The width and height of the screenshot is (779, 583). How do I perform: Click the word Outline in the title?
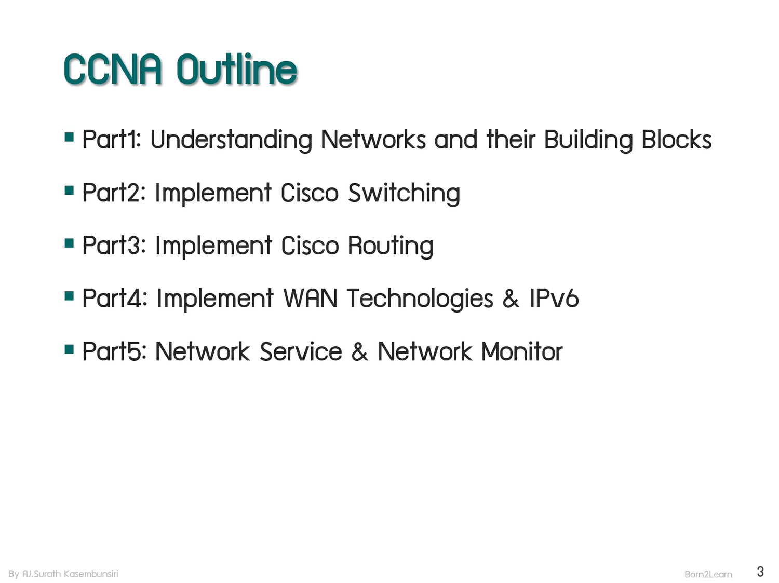(x=237, y=70)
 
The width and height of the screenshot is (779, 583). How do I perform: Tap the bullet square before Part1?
(x=69, y=137)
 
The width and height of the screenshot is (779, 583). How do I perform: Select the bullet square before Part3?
(x=69, y=243)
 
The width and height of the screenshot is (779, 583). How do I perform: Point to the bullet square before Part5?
(x=69, y=349)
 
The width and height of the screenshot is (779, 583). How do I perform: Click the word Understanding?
(x=231, y=140)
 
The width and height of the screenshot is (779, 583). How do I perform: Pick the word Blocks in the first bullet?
(x=676, y=140)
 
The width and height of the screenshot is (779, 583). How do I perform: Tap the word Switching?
(x=404, y=193)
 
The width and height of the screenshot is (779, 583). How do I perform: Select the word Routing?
(x=391, y=246)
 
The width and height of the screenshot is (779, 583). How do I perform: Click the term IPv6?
(x=554, y=299)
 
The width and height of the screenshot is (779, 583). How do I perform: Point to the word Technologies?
(x=420, y=299)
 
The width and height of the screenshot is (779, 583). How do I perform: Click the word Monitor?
(x=522, y=352)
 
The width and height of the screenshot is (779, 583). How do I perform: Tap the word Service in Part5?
(x=301, y=352)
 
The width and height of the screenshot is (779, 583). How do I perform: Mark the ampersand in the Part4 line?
(x=511, y=299)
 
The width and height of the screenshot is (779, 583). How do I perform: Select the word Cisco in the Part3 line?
(x=310, y=246)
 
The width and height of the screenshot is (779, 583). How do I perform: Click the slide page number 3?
(x=760, y=572)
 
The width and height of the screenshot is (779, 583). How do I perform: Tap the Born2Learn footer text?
(x=708, y=574)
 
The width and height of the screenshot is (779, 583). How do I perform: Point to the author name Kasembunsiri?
(x=91, y=574)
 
